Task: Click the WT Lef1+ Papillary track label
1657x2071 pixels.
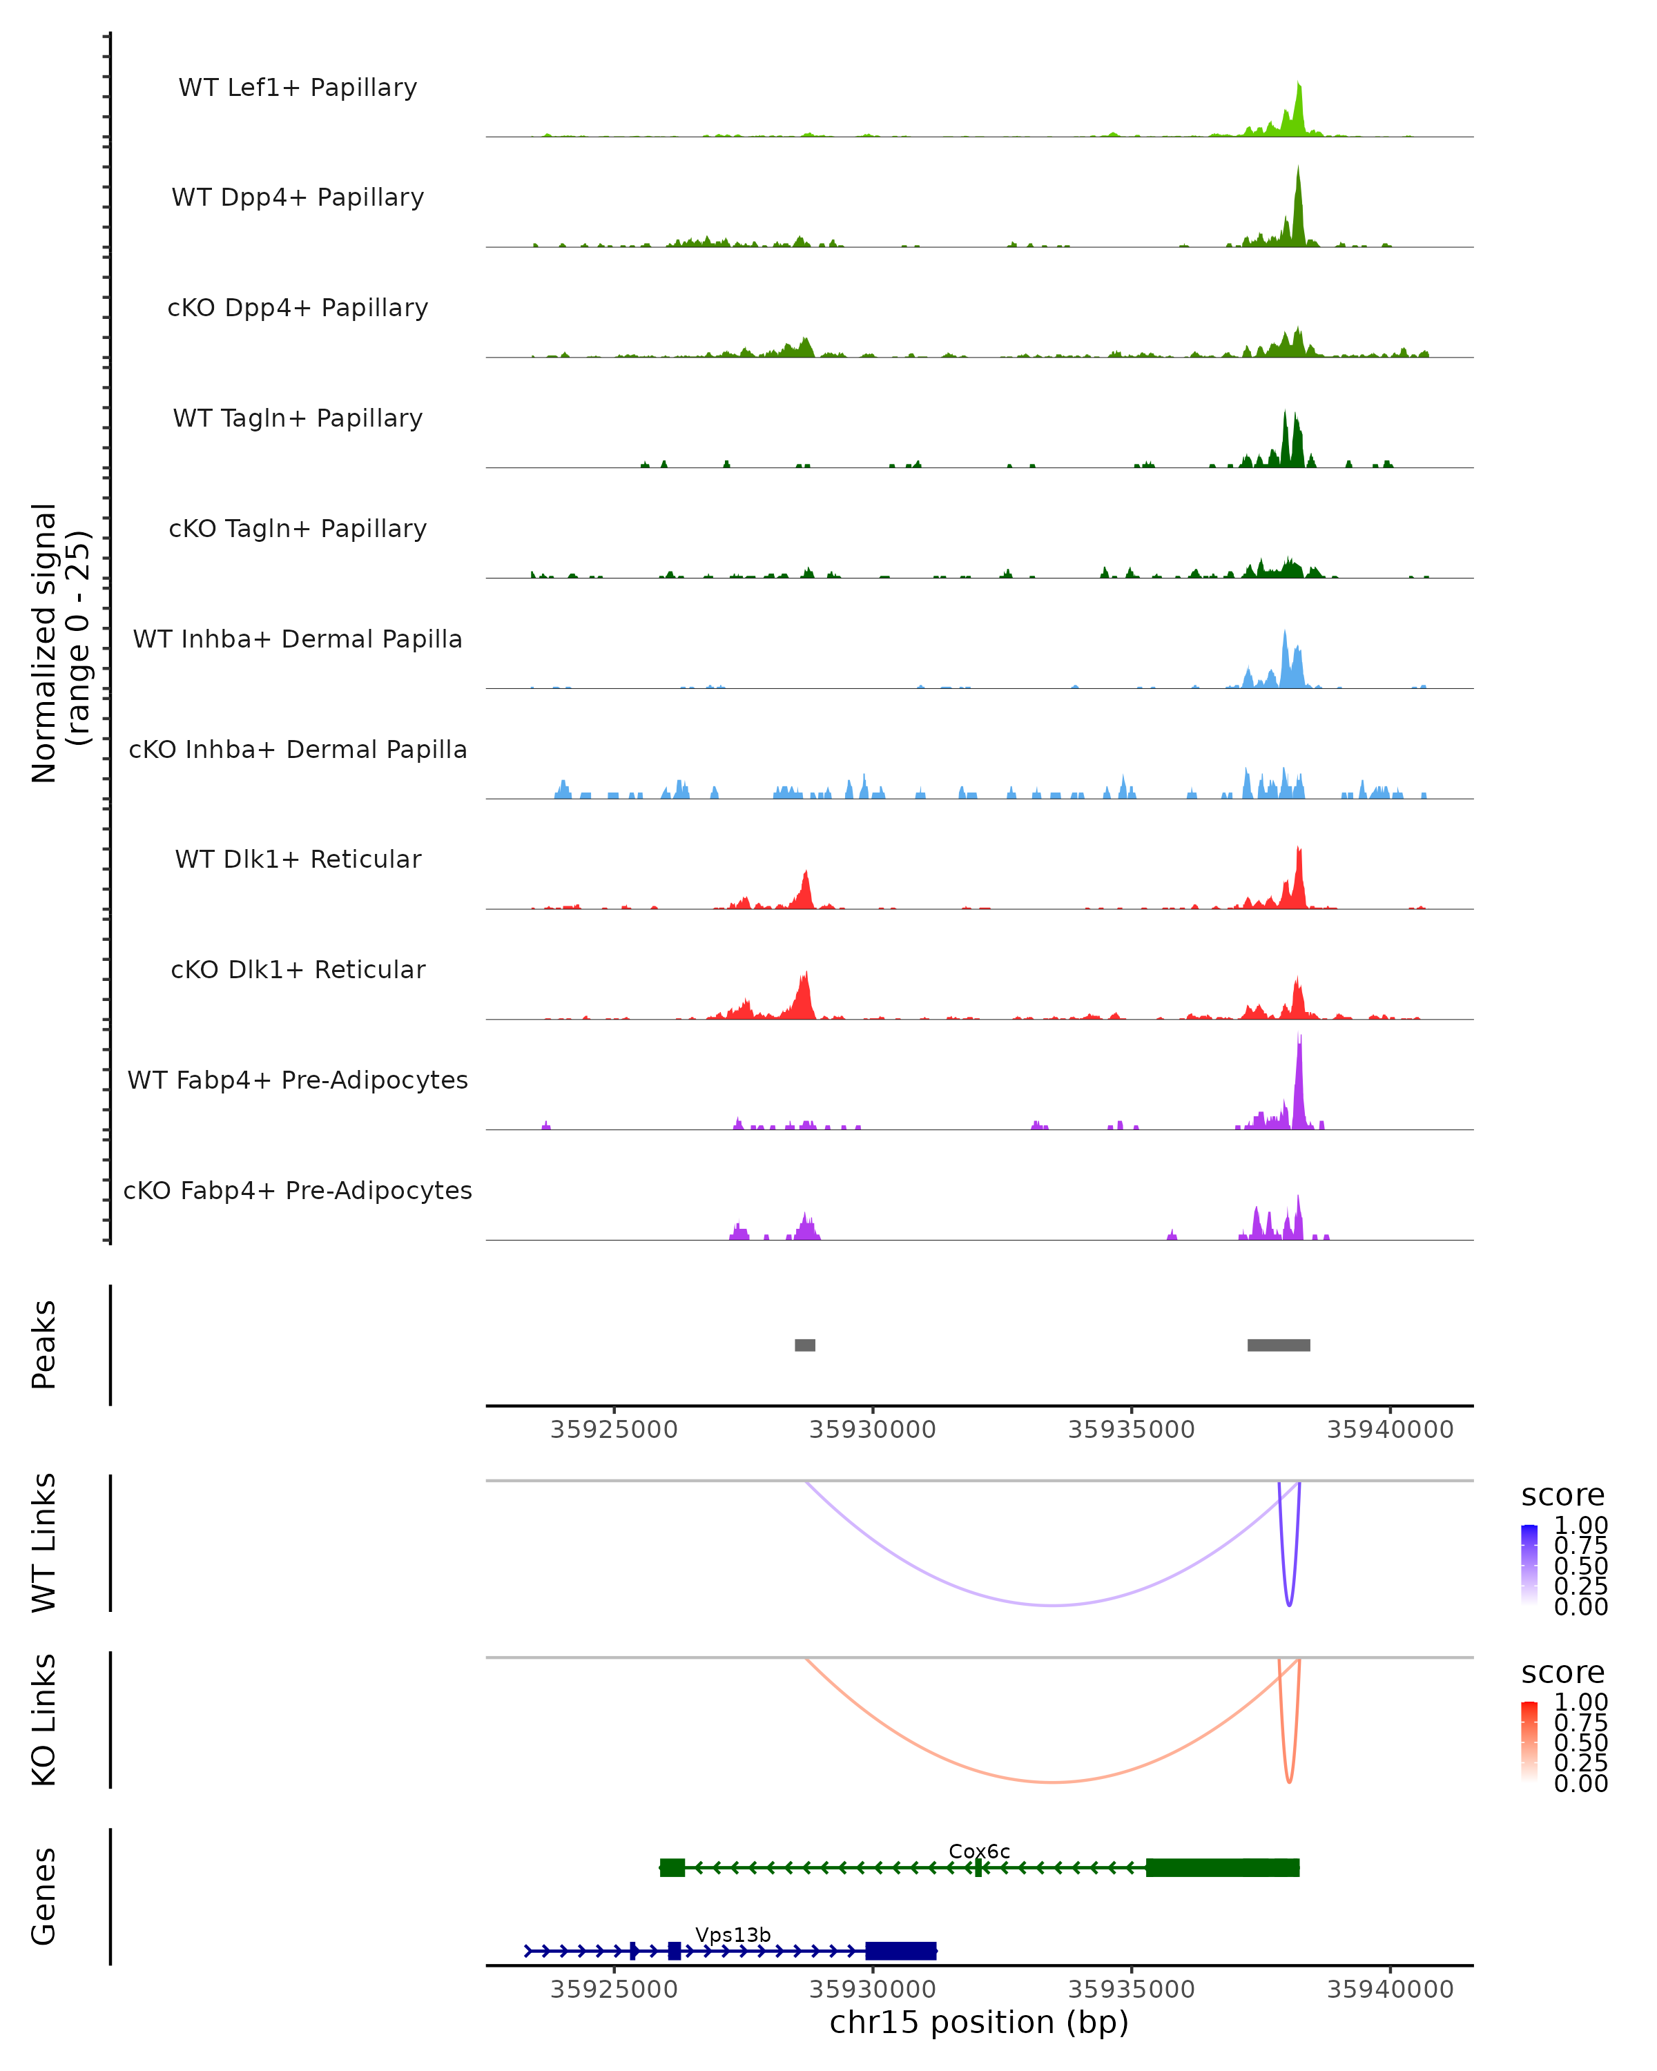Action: (x=298, y=88)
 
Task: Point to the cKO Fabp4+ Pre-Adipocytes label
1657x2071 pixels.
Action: (x=298, y=1190)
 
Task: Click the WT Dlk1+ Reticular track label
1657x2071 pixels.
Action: (x=298, y=859)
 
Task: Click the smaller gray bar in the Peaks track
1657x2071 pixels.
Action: (x=805, y=1345)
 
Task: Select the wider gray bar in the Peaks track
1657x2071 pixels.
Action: (x=1279, y=1345)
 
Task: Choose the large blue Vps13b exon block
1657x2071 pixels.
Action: (x=901, y=1951)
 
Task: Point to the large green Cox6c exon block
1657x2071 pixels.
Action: (x=1222, y=1867)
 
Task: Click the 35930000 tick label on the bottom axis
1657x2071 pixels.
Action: (x=872, y=1990)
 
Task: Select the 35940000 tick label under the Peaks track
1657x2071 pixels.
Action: (x=1390, y=1430)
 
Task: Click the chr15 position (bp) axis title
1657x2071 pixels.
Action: (x=979, y=2022)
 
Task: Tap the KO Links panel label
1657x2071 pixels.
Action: (x=44, y=1720)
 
